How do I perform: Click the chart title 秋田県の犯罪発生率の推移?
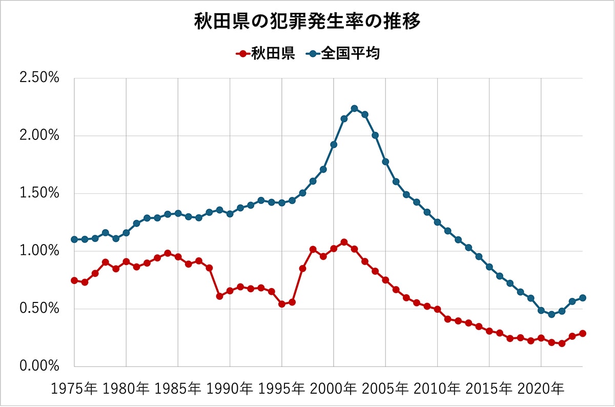click(x=307, y=22)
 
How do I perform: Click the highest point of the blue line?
click(x=354, y=108)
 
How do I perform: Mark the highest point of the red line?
click(x=344, y=242)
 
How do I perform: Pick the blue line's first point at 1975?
click(x=74, y=239)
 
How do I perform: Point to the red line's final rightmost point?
click(x=582, y=334)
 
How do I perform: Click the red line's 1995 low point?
click(x=281, y=304)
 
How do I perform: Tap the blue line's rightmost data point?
click(x=582, y=298)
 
